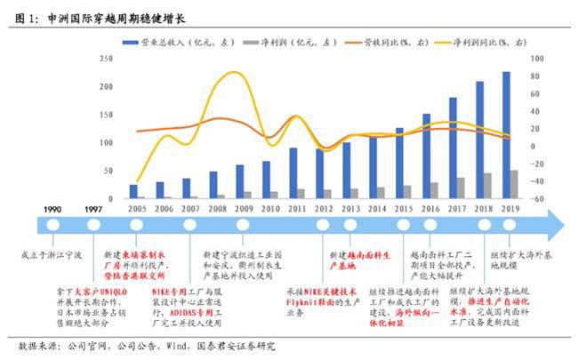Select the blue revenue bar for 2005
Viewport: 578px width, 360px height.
pyautogui.click(x=133, y=191)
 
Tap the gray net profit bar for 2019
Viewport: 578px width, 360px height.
pyautogui.click(x=515, y=183)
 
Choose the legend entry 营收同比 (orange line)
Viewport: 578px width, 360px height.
pyautogui.click(x=405, y=42)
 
